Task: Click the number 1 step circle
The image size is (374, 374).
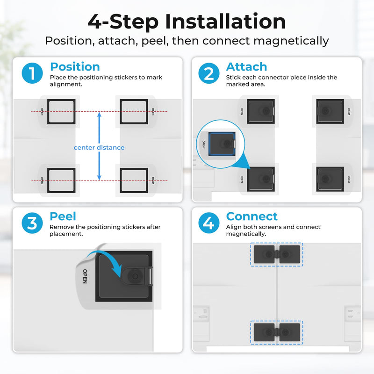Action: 32,73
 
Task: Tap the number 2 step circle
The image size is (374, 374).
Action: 209,73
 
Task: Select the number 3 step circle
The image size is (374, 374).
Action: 32,223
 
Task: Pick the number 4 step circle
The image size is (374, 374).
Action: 209,223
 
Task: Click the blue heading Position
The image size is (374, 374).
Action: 75,67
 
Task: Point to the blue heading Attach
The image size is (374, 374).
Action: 247,67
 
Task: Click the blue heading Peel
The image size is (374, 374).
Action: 63,216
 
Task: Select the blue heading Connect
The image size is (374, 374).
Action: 252,216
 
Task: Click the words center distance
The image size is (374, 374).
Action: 99,148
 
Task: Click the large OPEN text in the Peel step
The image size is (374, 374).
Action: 85,276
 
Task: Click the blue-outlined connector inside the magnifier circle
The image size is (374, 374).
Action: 222,144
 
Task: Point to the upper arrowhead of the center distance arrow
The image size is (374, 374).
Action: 99,115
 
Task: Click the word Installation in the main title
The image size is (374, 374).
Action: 225,22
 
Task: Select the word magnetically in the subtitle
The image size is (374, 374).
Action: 291,41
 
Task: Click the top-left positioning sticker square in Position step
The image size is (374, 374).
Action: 61,112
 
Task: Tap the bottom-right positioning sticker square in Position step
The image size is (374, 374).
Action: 134,180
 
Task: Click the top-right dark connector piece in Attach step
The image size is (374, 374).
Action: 330,111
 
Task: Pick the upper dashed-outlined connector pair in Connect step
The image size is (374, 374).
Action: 277,254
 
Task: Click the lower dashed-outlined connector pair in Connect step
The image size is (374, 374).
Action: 277,332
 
